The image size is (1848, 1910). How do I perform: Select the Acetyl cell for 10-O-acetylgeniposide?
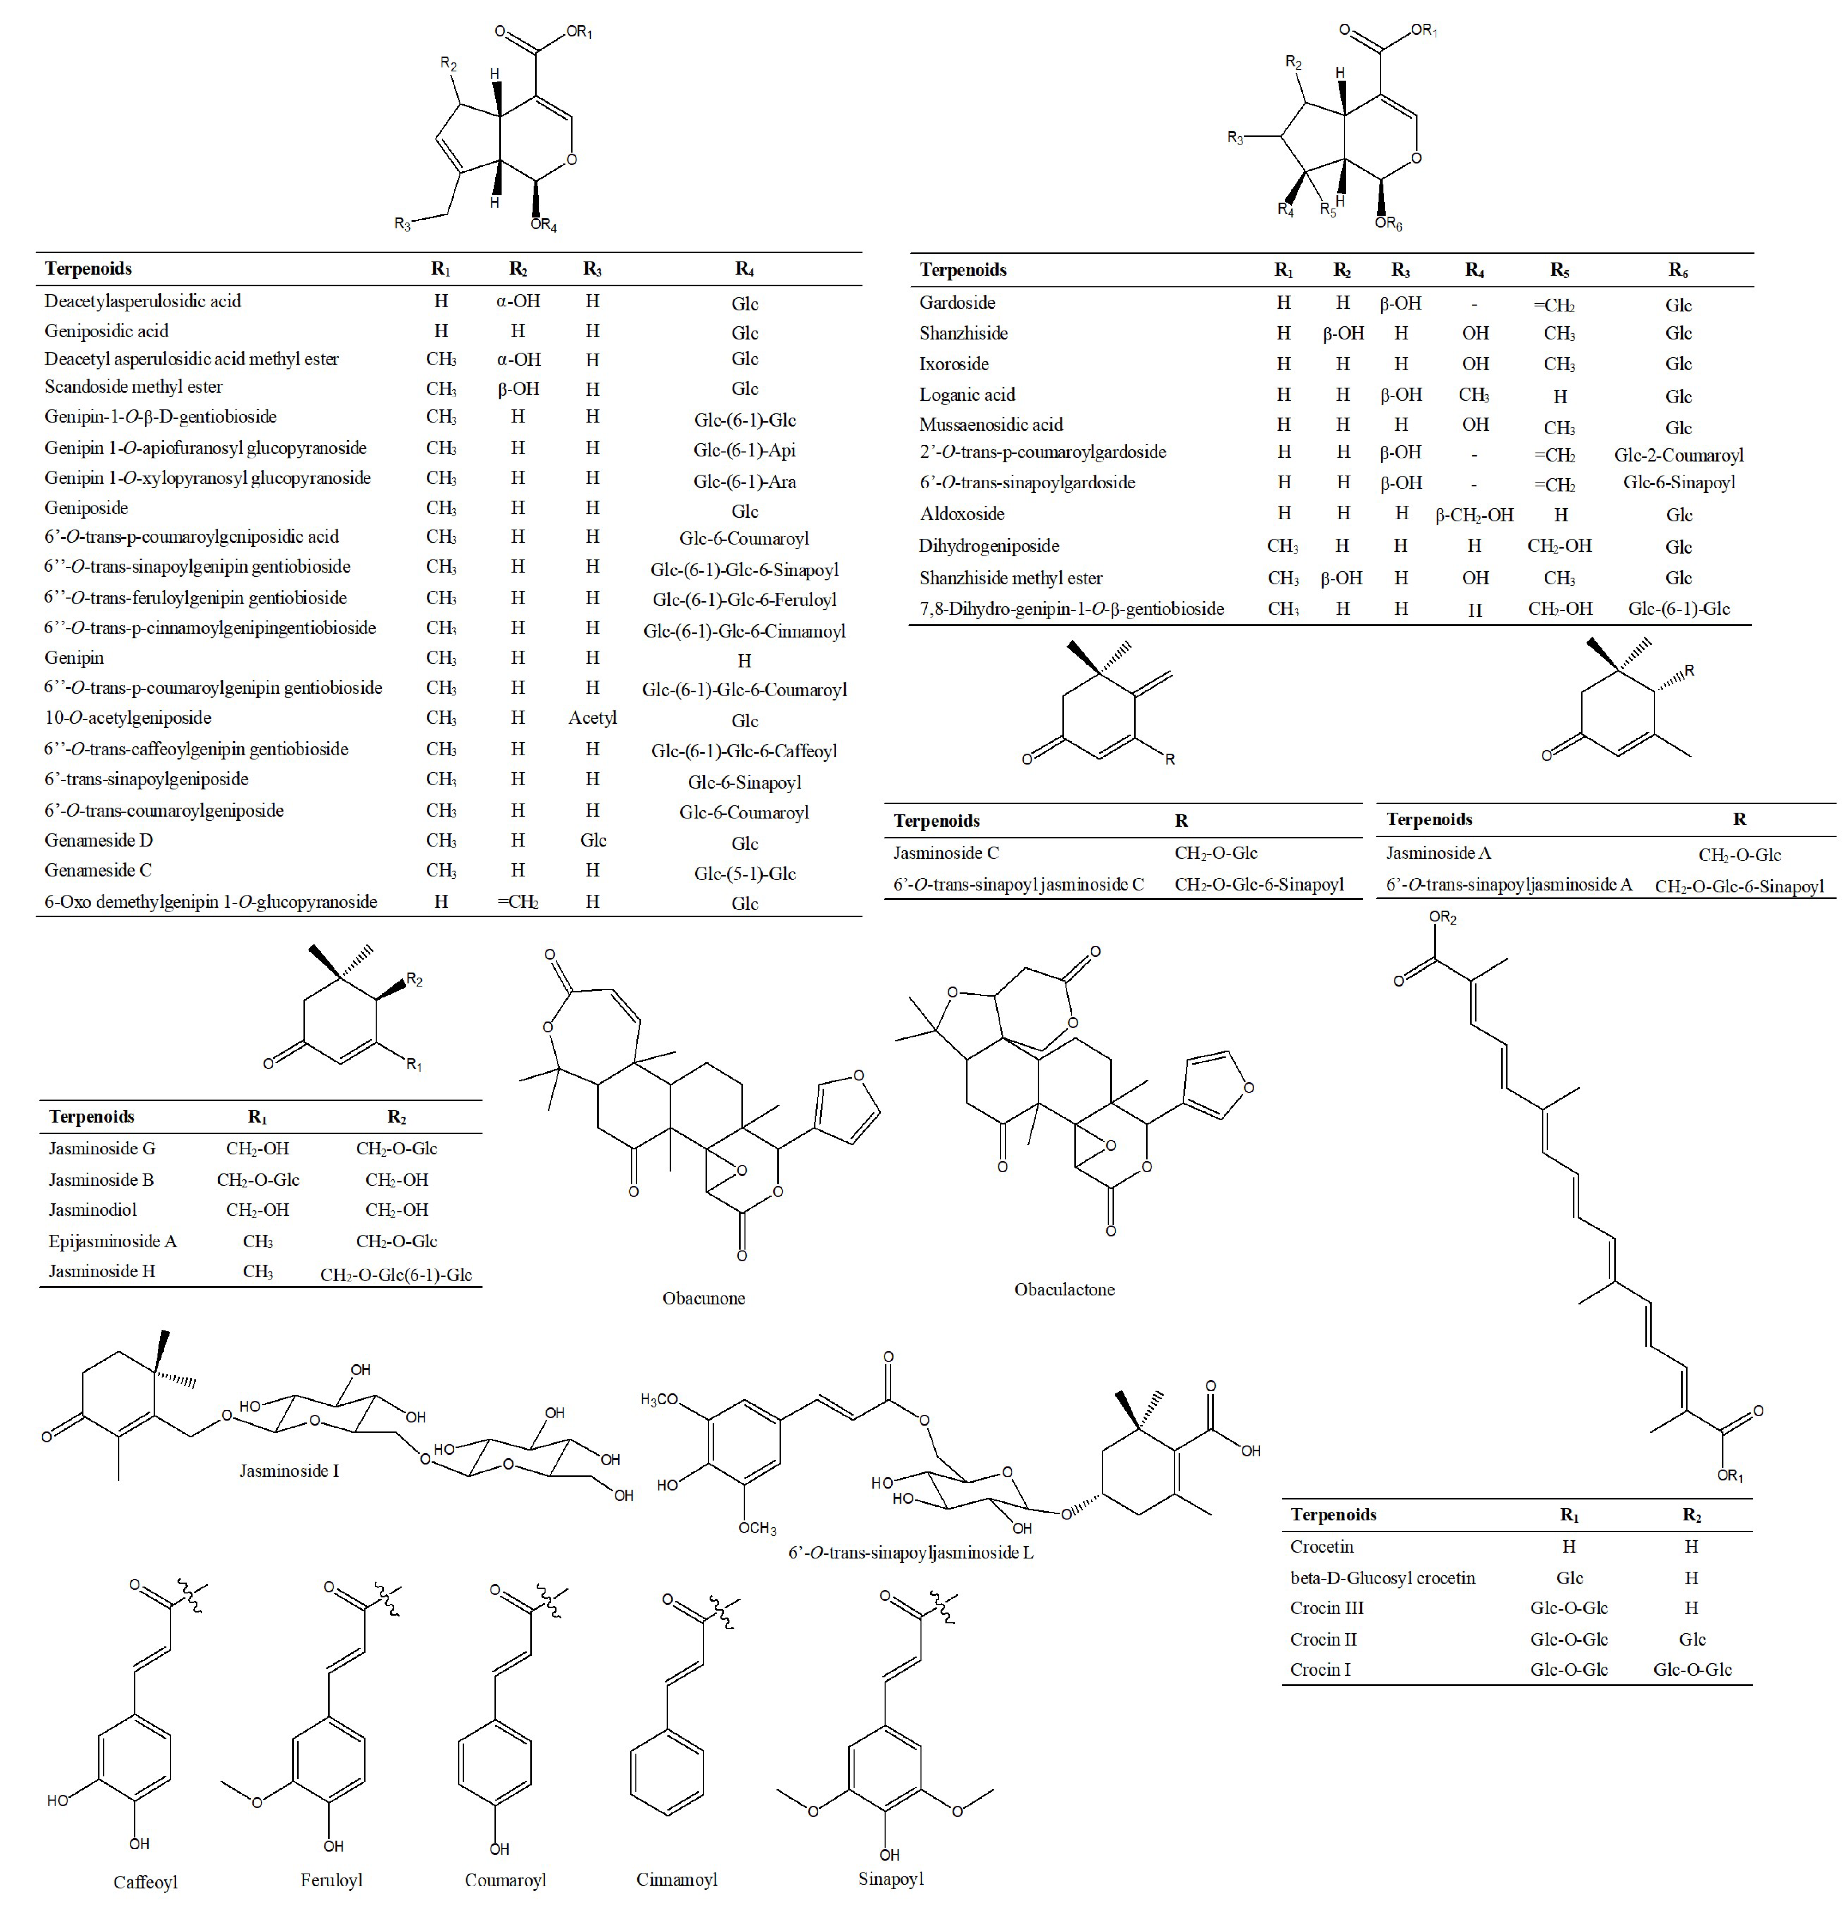[x=592, y=718]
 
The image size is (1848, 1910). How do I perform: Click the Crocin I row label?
[x=1320, y=1669]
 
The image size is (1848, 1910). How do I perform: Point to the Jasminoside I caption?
[x=289, y=1470]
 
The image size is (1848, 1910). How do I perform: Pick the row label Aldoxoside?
[x=962, y=513]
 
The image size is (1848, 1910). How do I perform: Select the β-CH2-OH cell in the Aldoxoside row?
[x=1474, y=514]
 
